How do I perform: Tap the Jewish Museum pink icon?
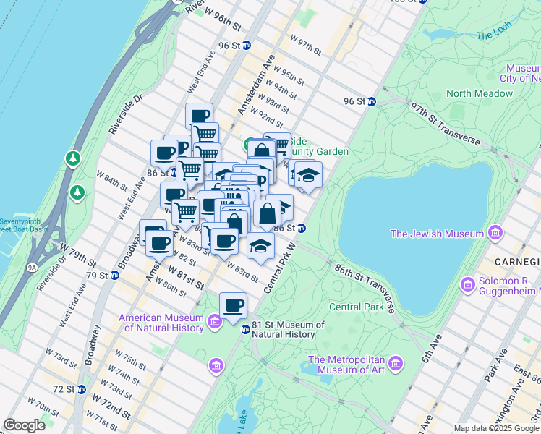(495, 233)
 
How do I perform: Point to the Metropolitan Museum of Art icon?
(396, 362)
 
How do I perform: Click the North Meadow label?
(480, 93)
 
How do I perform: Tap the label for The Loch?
(494, 35)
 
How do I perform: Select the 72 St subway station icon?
(81, 389)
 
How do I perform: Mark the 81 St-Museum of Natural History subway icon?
(245, 329)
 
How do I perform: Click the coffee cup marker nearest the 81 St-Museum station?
(233, 306)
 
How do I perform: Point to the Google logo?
(24, 425)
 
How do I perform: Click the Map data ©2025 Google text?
(496, 428)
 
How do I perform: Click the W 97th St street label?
(305, 43)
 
